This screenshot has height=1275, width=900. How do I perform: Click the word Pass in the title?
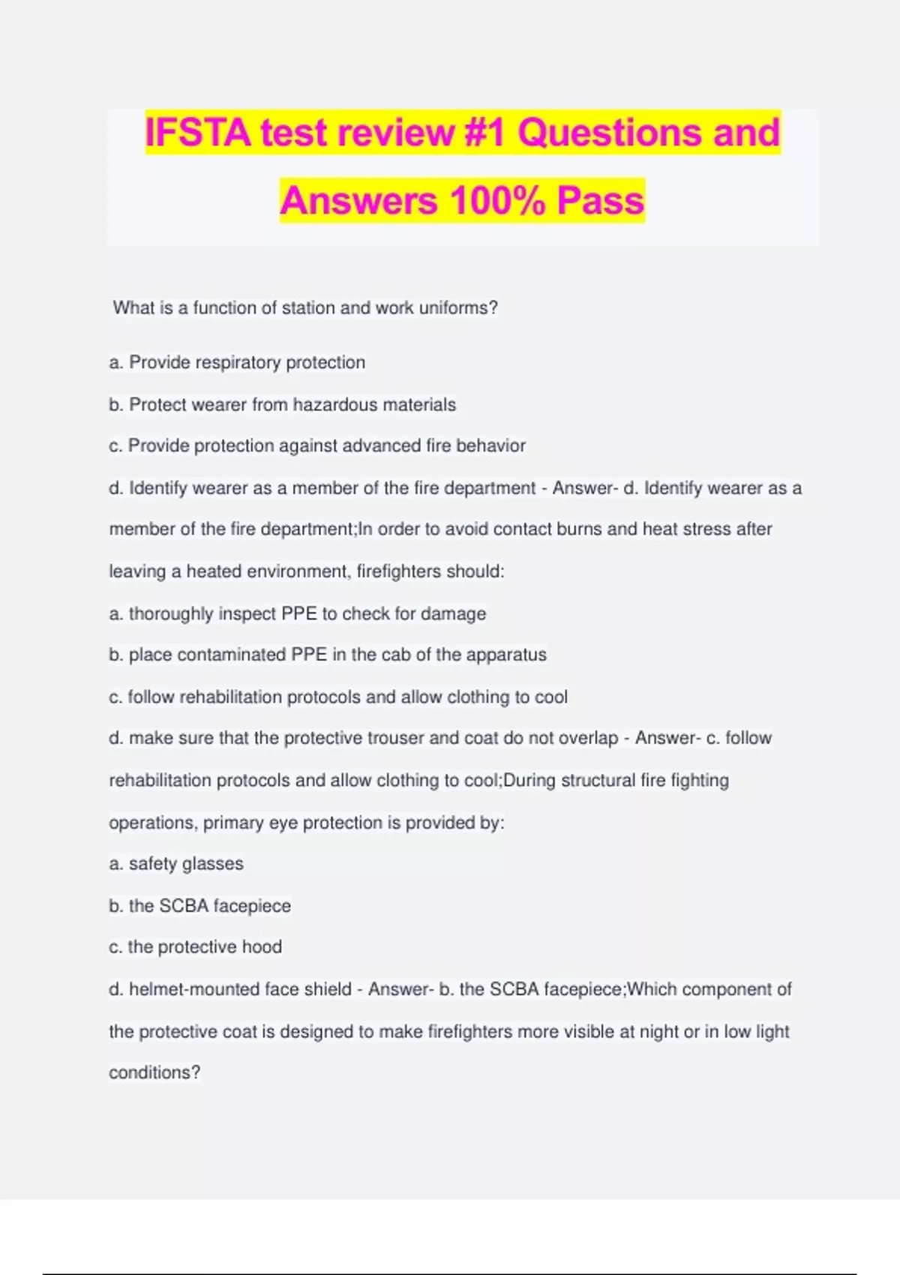click(x=600, y=200)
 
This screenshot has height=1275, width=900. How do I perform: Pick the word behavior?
click(x=490, y=446)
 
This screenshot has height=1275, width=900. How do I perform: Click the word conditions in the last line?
click(x=154, y=1073)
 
